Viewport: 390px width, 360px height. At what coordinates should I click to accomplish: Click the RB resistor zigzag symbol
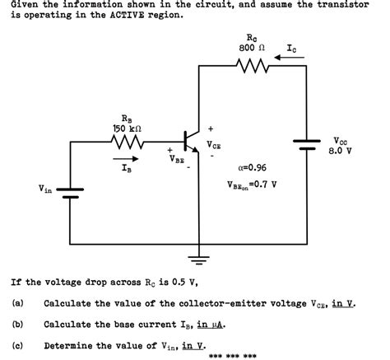click(x=128, y=144)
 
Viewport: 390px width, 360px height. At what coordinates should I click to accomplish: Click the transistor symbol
click(x=192, y=143)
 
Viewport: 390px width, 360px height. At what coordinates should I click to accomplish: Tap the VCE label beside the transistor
click(x=214, y=145)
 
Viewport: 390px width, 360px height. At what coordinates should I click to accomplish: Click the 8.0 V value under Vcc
click(x=341, y=151)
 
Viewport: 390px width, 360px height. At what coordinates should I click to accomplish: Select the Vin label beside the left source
click(x=44, y=189)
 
